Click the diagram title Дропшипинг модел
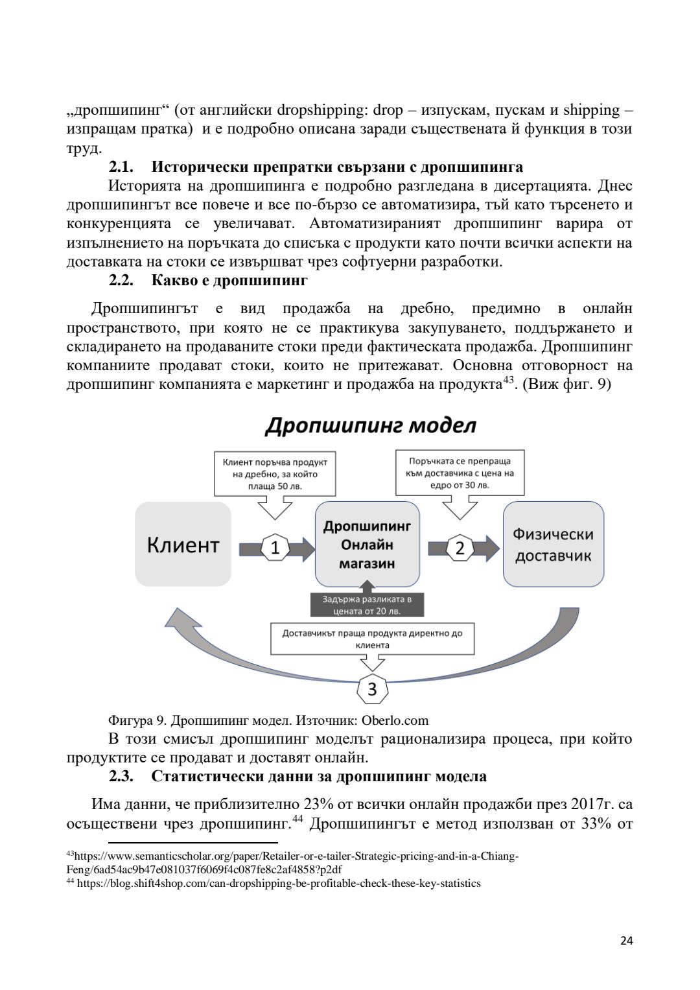point(370,426)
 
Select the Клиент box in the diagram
point(183,545)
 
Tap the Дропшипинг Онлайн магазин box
point(367,545)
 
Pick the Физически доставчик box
point(553,545)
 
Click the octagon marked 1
point(275,548)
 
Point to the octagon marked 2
point(460,548)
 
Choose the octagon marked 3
point(372,689)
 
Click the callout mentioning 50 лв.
point(275,474)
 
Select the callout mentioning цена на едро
point(460,473)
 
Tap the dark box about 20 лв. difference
point(367,605)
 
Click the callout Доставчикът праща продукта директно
point(372,639)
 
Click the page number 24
point(626,941)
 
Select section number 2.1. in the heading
point(121,167)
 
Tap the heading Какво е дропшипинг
point(229,281)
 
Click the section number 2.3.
point(121,777)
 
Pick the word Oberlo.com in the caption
point(395,720)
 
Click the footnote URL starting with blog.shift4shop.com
point(279,883)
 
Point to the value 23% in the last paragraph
point(318,805)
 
